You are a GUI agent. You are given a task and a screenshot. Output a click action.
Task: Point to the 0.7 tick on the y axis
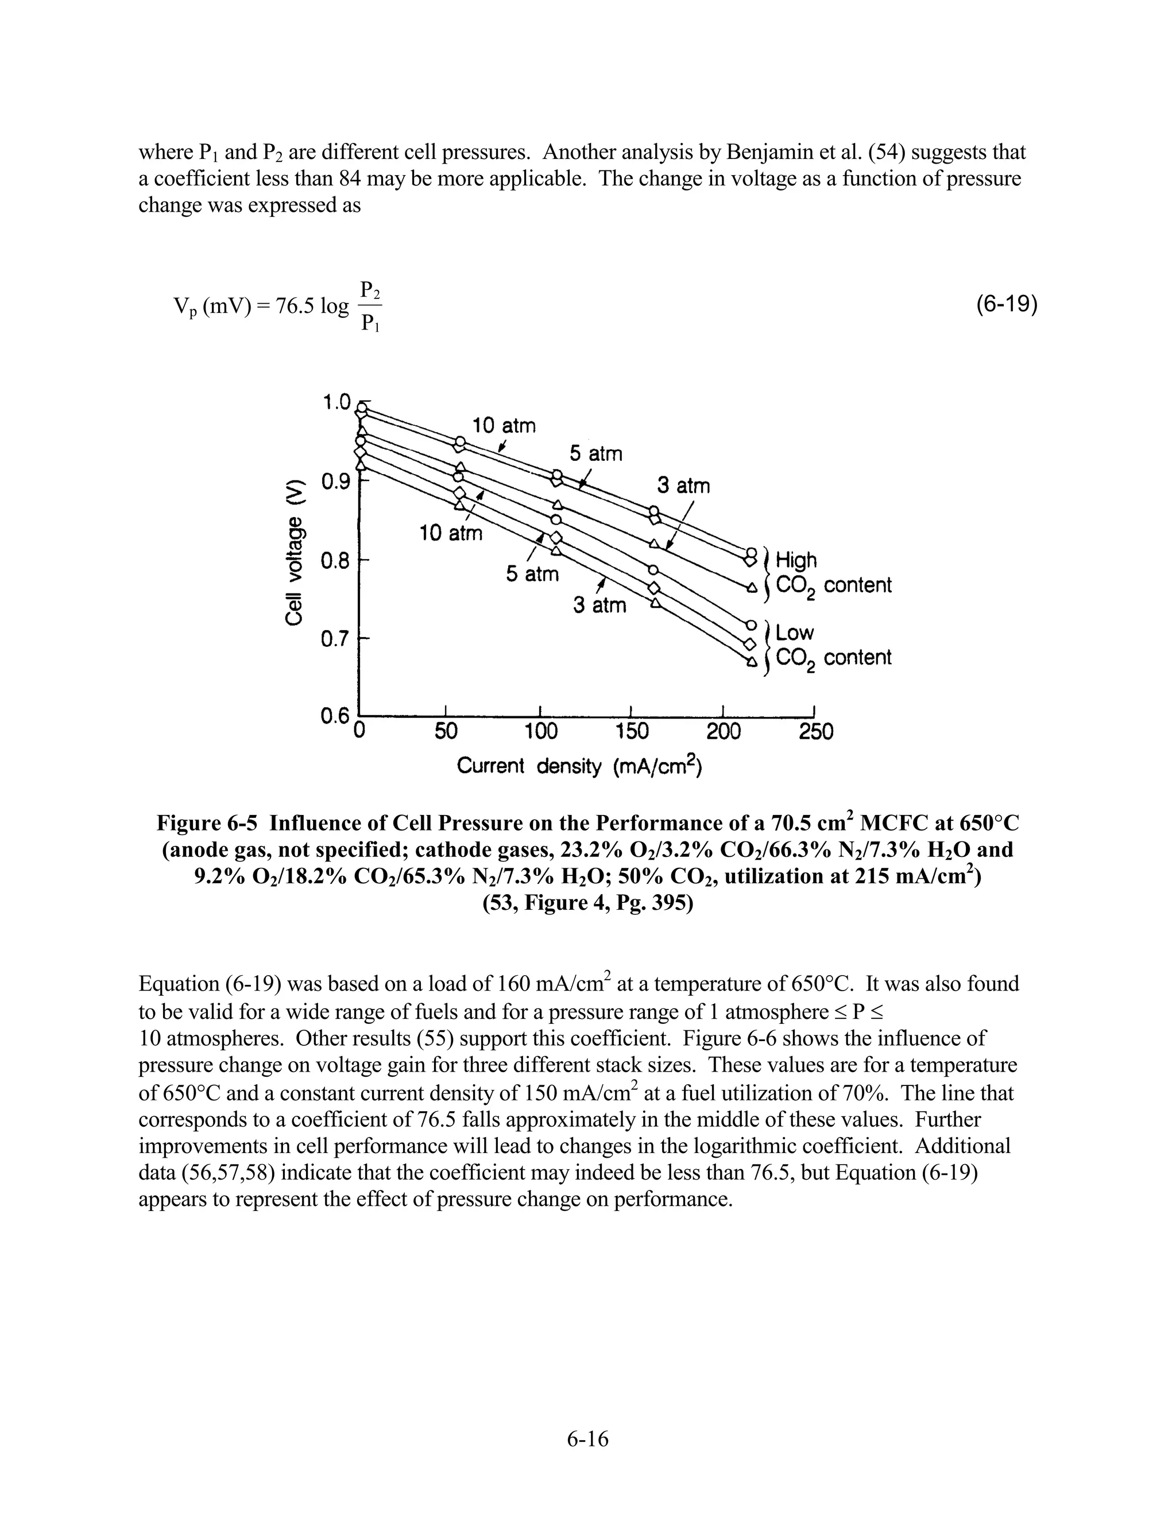pos(335,639)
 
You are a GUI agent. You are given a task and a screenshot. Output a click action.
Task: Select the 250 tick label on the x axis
pos(816,732)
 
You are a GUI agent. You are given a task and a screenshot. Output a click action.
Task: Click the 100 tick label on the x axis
pos(541,732)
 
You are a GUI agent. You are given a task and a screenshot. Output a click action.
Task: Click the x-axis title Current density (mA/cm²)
pos(579,766)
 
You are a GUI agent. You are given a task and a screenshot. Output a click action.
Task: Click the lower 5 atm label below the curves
pos(532,575)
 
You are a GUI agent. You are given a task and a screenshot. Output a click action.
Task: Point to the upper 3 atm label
pos(683,486)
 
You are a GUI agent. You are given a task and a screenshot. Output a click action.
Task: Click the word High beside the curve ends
pos(796,560)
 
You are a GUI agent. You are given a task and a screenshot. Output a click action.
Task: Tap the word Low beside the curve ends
pos(795,633)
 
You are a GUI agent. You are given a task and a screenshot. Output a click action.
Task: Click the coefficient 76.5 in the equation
pos(295,306)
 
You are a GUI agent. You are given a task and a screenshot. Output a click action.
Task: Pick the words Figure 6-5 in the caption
pos(207,823)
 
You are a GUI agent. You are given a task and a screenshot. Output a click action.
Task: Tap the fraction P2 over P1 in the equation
pos(370,306)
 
